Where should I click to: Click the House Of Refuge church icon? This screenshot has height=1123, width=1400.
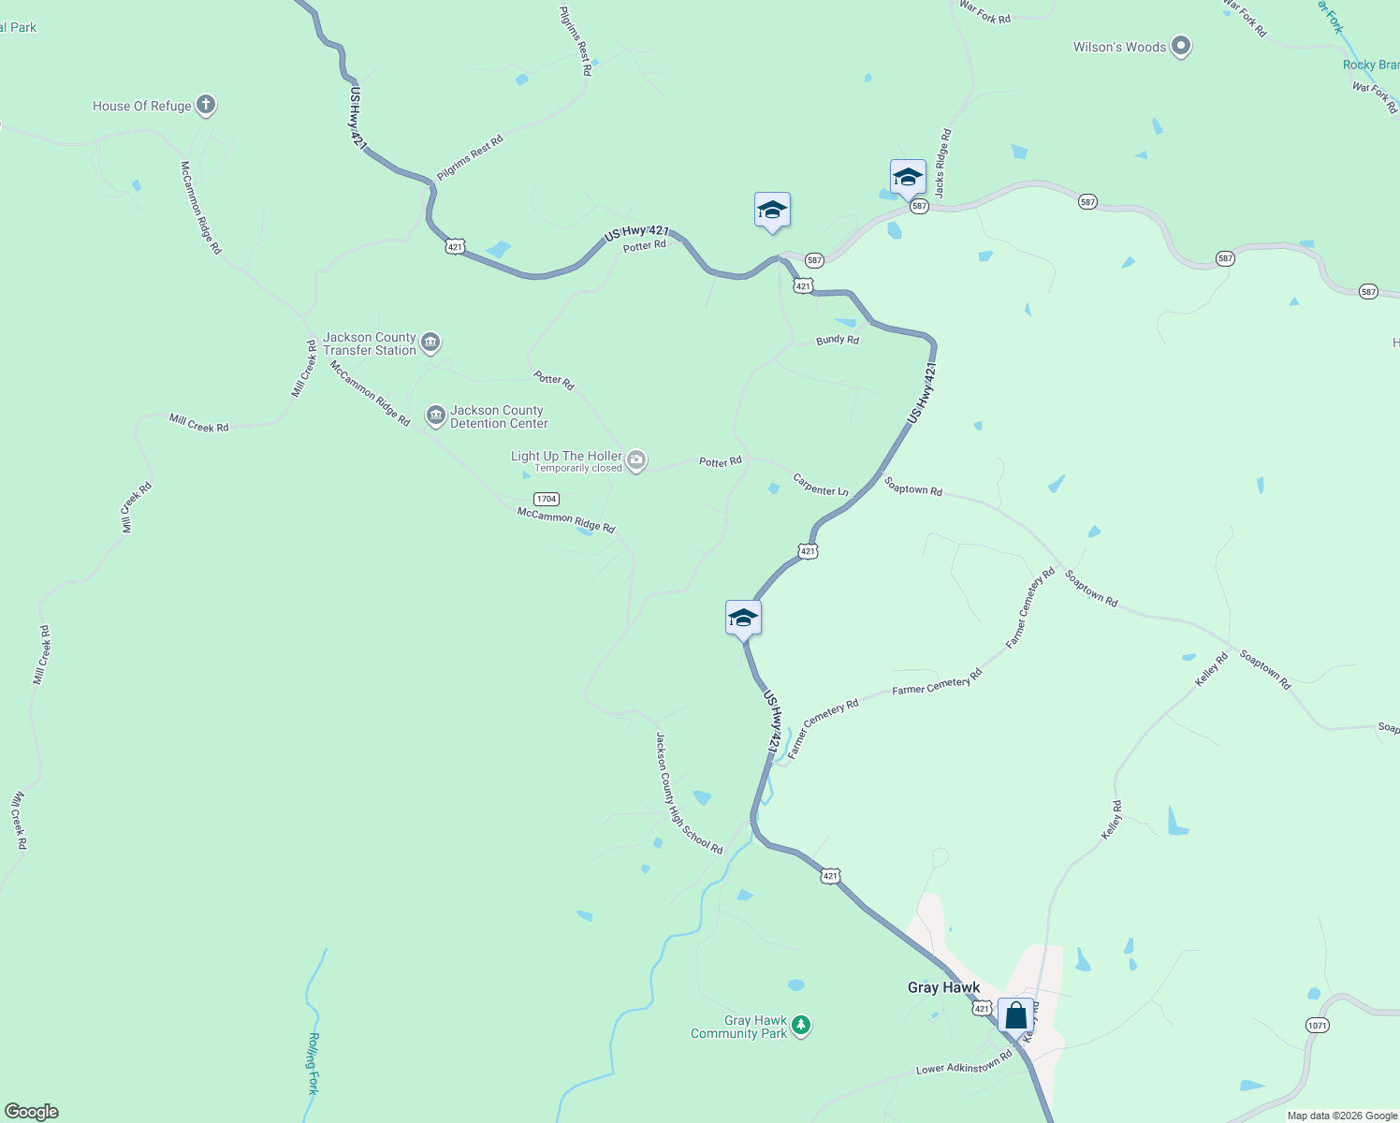pos(206,105)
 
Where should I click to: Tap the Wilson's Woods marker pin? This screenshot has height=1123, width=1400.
pos(1181,46)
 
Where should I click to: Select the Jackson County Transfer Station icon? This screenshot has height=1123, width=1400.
pos(430,343)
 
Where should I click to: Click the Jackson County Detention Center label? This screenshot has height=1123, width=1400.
pos(498,416)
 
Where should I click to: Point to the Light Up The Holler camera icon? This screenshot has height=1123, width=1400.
pos(636,459)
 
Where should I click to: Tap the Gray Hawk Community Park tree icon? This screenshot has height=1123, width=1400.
pos(800,1026)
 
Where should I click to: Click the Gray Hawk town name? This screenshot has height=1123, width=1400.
pos(943,987)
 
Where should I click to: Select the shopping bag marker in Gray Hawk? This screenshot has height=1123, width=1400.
pos(1015,1015)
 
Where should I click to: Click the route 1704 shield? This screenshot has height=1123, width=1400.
pos(547,499)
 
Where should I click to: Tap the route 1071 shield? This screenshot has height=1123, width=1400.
pos(1317,1025)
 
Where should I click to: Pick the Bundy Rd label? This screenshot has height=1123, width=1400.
pos(838,340)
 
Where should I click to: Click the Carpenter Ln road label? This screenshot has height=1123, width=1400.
pos(821,486)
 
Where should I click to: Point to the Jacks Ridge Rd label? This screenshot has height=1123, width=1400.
pos(942,163)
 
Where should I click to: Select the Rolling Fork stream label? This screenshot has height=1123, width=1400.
pos(314,1063)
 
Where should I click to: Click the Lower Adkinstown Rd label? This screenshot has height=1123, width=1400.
pos(964,1063)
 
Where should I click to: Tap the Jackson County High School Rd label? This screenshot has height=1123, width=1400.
pos(689,794)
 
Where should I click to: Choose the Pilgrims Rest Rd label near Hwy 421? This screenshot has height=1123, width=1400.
pos(470,158)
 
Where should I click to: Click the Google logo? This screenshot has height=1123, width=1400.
pos(32,1112)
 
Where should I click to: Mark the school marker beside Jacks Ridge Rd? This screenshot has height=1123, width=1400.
pos(908,177)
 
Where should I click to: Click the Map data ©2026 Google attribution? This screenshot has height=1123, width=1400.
pos(1342,1116)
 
